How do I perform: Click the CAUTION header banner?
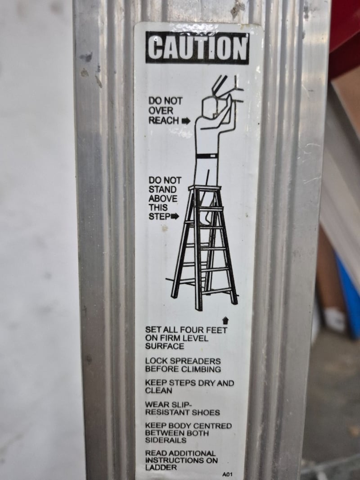197,48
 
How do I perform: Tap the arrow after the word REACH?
186,121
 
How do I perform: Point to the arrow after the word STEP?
175,217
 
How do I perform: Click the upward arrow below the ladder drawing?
225,321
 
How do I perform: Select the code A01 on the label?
228,474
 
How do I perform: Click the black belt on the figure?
207,156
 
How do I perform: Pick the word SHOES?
206,412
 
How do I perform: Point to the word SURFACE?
165,346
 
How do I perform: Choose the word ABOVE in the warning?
163,199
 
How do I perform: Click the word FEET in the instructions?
216,330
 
